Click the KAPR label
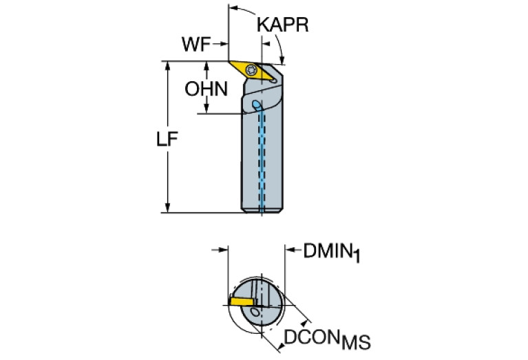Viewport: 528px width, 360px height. coord(282,25)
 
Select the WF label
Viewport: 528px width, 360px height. coord(196,44)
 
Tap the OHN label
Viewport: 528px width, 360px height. coord(206,89)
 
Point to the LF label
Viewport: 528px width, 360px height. coord(167,139)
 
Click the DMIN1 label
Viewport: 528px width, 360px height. coord(332,252)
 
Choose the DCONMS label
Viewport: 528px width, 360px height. coord(327,339)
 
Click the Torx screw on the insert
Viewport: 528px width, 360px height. coord(251,70)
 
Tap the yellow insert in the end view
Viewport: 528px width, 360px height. coord(242,301)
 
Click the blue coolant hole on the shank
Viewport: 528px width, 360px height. coord(257,105)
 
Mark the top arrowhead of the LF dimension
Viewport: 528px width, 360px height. coord(168,66)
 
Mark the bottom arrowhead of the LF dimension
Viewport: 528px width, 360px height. coord(168,207)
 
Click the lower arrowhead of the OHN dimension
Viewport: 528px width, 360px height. coord(207,109)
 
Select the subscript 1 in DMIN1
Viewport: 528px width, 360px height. coord(357,256)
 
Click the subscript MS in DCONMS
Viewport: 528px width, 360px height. coord(356,343)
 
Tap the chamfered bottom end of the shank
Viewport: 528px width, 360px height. coord(262,211)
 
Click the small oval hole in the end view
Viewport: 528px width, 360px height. coord(256,313)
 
